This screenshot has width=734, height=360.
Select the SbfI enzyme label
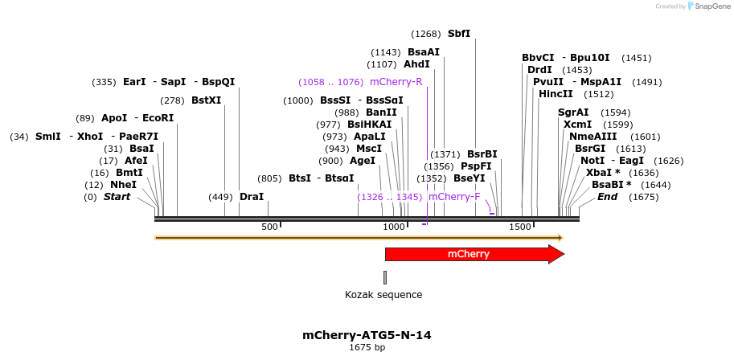tap(459, 34)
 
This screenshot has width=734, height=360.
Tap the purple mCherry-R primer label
tap(396, 82)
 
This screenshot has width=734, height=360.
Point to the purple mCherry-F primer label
tap(454, 197)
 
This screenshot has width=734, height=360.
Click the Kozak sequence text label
tap(383, 295)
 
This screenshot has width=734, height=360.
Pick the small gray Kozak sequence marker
tap(385, 277)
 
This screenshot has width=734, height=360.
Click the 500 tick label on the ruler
tap(269, 227)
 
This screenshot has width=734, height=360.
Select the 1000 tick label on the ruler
tap(395, 227)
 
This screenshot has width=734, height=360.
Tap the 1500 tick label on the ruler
tap(521, 227)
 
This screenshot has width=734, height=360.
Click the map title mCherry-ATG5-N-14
tap(367, 335)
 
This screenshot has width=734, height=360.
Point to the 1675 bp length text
tap(367, 348)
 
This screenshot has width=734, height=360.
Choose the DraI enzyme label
tap(252, 197)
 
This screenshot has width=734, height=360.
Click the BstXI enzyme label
tap(206, 100)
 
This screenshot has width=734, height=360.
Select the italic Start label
tap(117, 197)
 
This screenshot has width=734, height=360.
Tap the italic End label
tap(607, 197)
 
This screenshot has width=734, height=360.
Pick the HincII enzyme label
tap(556, 94)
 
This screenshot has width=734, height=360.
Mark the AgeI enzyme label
tap(363, 161)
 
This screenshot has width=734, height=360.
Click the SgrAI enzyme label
tap(573, 112)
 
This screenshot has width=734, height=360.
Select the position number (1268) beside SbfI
tap(425, 34)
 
